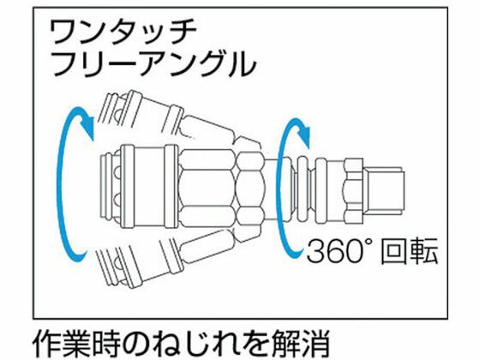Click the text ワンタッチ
(123, 33)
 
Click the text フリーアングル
(154, 63)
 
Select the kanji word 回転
(409, 251)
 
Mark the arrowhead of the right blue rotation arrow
(304, 133)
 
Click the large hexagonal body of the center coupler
(207, 189)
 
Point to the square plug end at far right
(384, 189)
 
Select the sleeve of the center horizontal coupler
(149, 187)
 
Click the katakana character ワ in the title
(63, 33)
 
